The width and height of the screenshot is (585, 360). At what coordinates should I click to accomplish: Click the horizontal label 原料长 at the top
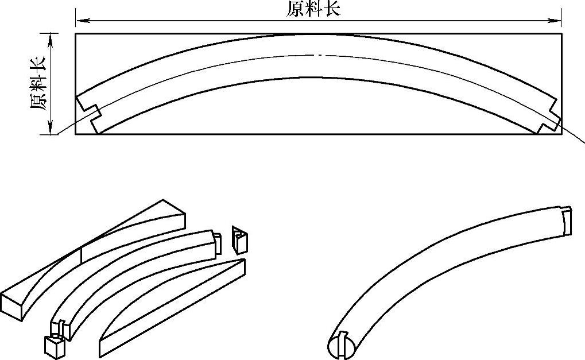[313, 9]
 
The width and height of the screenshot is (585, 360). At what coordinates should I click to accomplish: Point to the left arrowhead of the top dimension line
[81, 21]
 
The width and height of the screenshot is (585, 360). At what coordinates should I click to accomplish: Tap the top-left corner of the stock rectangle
[76, 34]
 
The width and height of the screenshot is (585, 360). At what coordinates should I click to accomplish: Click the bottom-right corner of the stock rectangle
[561, 134]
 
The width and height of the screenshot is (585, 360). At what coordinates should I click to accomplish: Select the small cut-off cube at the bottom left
[53, 346]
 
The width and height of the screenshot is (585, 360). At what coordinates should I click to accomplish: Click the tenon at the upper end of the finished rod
[567, 219]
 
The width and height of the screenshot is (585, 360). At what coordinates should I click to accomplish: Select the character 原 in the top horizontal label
[295, 9]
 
